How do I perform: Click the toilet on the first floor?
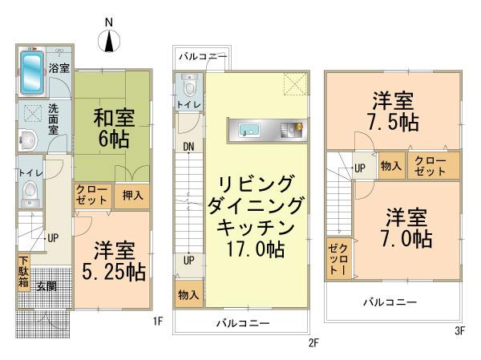click(x=30, y=190)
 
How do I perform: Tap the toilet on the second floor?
click(x=190, y=87)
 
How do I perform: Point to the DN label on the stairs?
click(x=188, y=147)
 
